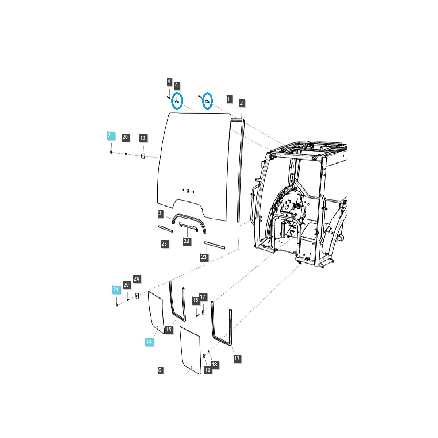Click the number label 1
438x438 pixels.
pyautogui.click(x=229, y=99)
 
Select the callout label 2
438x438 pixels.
pyautogui.click(x=241, y=103)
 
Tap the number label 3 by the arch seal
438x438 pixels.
pyautogui.click(x=160, y=213)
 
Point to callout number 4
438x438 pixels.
pyautogui.click(x=169, y=82)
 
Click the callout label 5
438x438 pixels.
pyautogui.click(x=176, y=86)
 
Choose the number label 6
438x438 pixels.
pyautogui.click(x=160, y=370)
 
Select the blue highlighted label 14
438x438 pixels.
pyautogui.click(x=149, y=342)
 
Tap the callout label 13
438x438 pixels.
pyautogui.click(x=237, y=358)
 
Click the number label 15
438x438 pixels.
pyautogui.click(x=168, y=330)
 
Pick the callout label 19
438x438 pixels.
pyautogui.click(x=143, y=138)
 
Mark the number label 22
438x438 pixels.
pyautogui.click(x=187, y=241)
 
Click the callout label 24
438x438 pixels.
pyautogui.click(x=136, y=279)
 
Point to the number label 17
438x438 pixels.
pyautogui.click(x=203, y=297)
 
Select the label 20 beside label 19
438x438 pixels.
pyautogui.click(x=125, y=137)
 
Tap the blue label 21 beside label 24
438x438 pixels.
pyautogui.click(x=116, y=290)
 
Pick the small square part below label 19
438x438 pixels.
pyautogui.click(x=143, y=156)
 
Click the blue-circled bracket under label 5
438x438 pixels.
pyautogui.click(x=177, y=101)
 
